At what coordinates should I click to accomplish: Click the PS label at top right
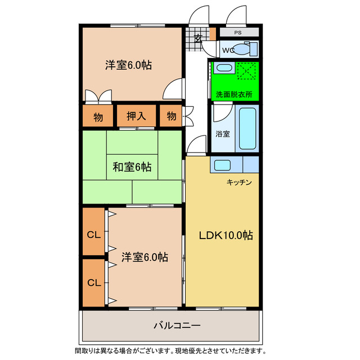tap(238, 33)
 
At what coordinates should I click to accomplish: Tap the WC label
tap(228, 50)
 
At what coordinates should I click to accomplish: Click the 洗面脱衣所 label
tap(234, 94)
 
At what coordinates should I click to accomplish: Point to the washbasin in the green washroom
tap(223, 69)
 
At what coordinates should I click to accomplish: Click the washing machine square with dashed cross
tap(246, 71)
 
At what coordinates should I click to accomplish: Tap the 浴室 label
tap(222, 134)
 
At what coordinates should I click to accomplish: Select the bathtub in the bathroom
tap(246, 129)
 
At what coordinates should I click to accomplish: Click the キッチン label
tap(239, 182)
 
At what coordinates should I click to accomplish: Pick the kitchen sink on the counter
tap(221, 165)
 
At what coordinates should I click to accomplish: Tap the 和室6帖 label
tap(132, 166)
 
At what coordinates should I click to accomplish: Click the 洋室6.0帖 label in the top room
tap(128, 64)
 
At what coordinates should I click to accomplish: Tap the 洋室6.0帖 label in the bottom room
tap(145, 256)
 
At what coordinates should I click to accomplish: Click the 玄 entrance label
tap(198, 38)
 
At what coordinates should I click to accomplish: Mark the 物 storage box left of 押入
tap(98, 116)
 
